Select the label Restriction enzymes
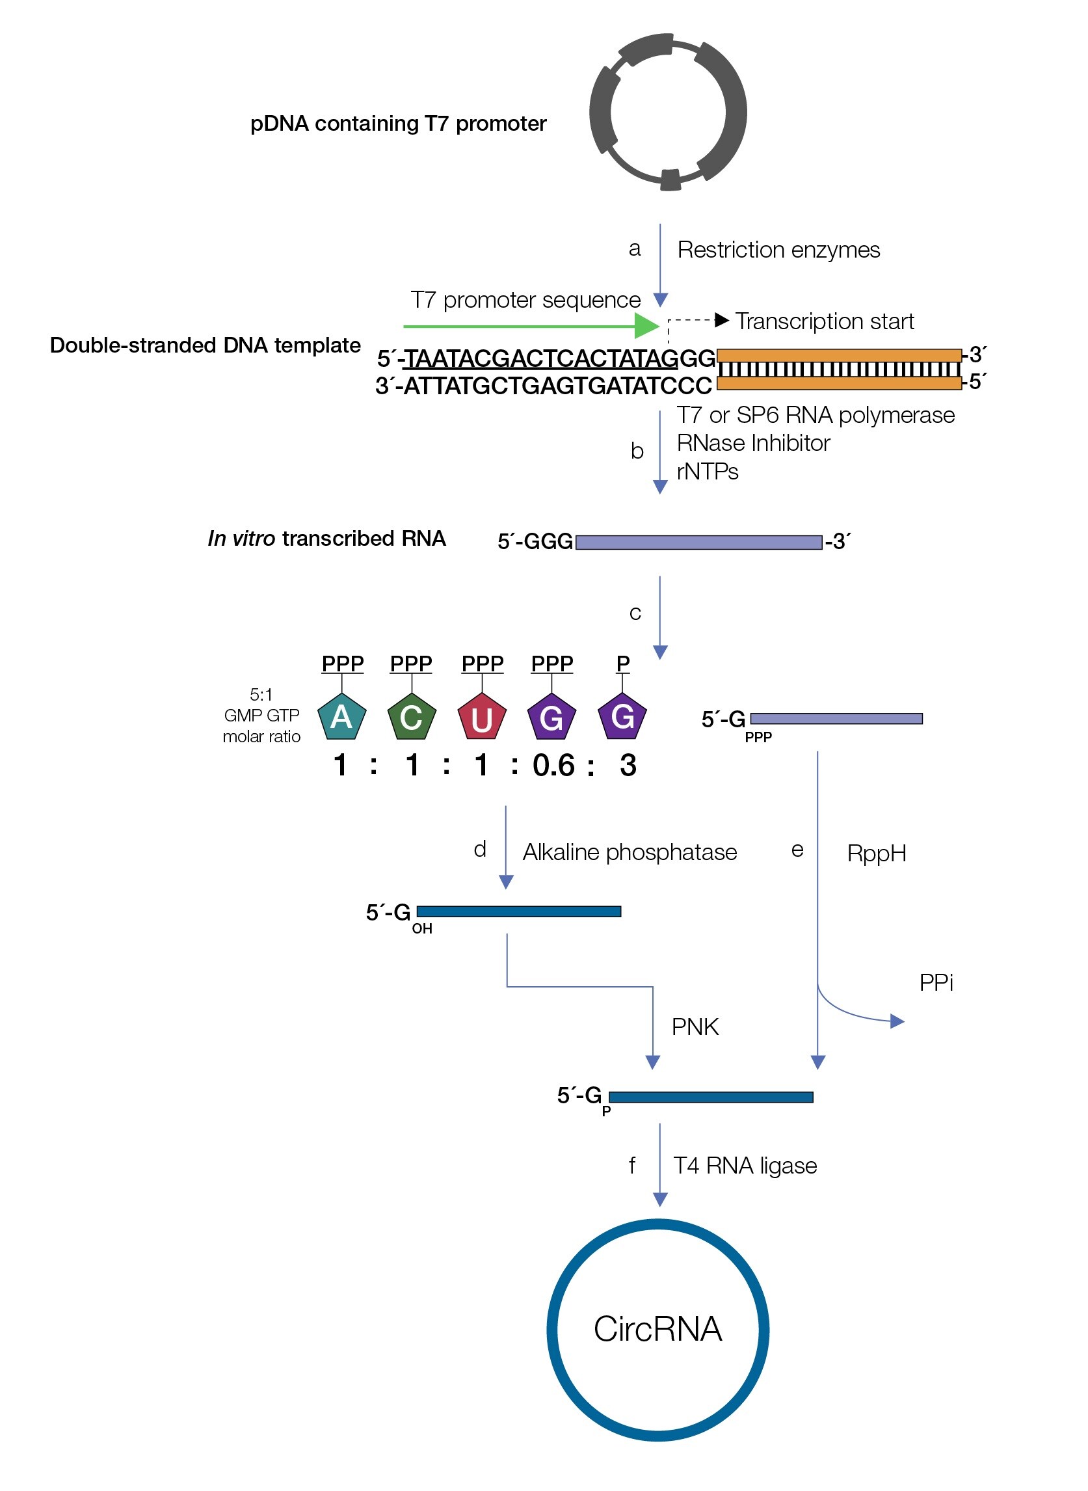coord(778,250)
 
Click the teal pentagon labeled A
coord(341,717)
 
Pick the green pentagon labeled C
coord(411,717)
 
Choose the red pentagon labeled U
coord(481,717)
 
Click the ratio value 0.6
coord(553,766)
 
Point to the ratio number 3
coord(628,766)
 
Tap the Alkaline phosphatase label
coord(630,853)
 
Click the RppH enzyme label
coord(876,854)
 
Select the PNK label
coord(695,1027)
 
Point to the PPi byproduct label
coord(936,983)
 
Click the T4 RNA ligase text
coord(744,1166)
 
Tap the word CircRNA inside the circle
coord(658,1330)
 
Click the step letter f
coord(631,1166)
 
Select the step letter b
coord(637,451)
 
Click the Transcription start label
coord(825,321)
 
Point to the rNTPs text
coord(708,472)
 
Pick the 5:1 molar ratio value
coord(261,695)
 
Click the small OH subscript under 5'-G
coord(422,929)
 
